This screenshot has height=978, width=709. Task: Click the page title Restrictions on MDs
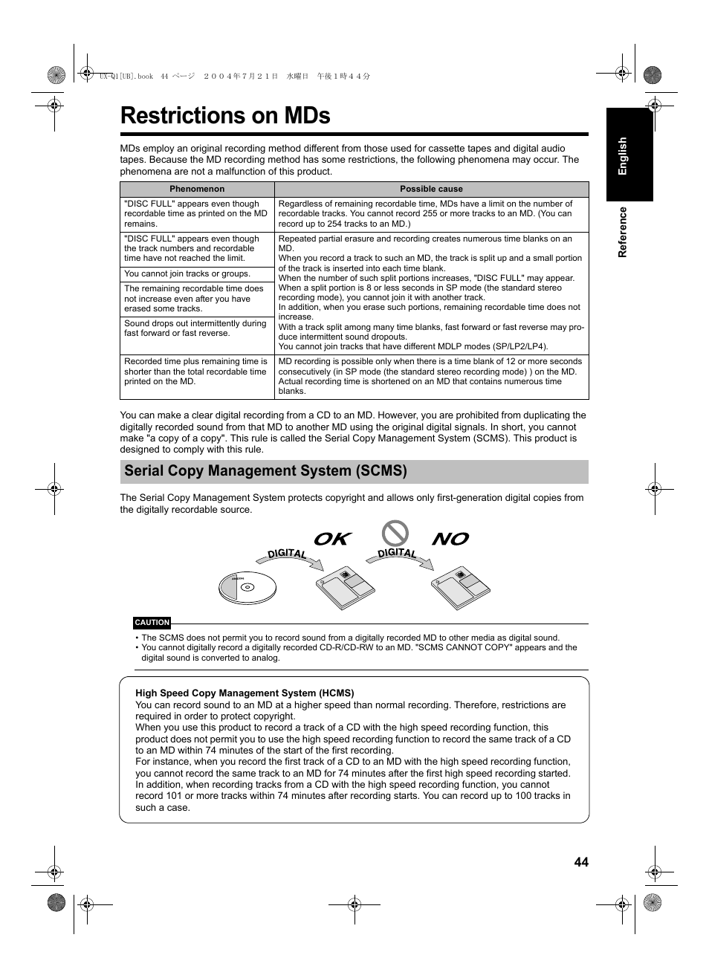pos(225,116)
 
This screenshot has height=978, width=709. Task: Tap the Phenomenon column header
pos(197,189)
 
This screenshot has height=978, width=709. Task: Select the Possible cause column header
pos(431,189)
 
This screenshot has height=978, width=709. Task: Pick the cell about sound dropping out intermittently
pos(197,328)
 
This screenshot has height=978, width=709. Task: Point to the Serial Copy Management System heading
pos(266,471)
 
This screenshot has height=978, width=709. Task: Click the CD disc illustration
pos(247,587)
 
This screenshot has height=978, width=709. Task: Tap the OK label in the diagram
pos(331,539)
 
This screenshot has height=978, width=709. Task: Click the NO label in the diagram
pos(450,539)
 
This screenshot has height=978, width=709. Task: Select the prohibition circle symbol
pos(395,533)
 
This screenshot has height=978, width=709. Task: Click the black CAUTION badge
pos(152,623)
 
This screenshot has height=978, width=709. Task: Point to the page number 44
pos(580,862)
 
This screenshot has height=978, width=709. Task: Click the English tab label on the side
pos(623,156)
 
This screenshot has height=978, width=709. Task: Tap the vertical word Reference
pos(623,232)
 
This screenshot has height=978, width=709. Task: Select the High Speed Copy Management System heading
pos(245,693)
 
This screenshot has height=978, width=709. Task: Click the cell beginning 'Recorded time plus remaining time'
pos(197,372)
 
